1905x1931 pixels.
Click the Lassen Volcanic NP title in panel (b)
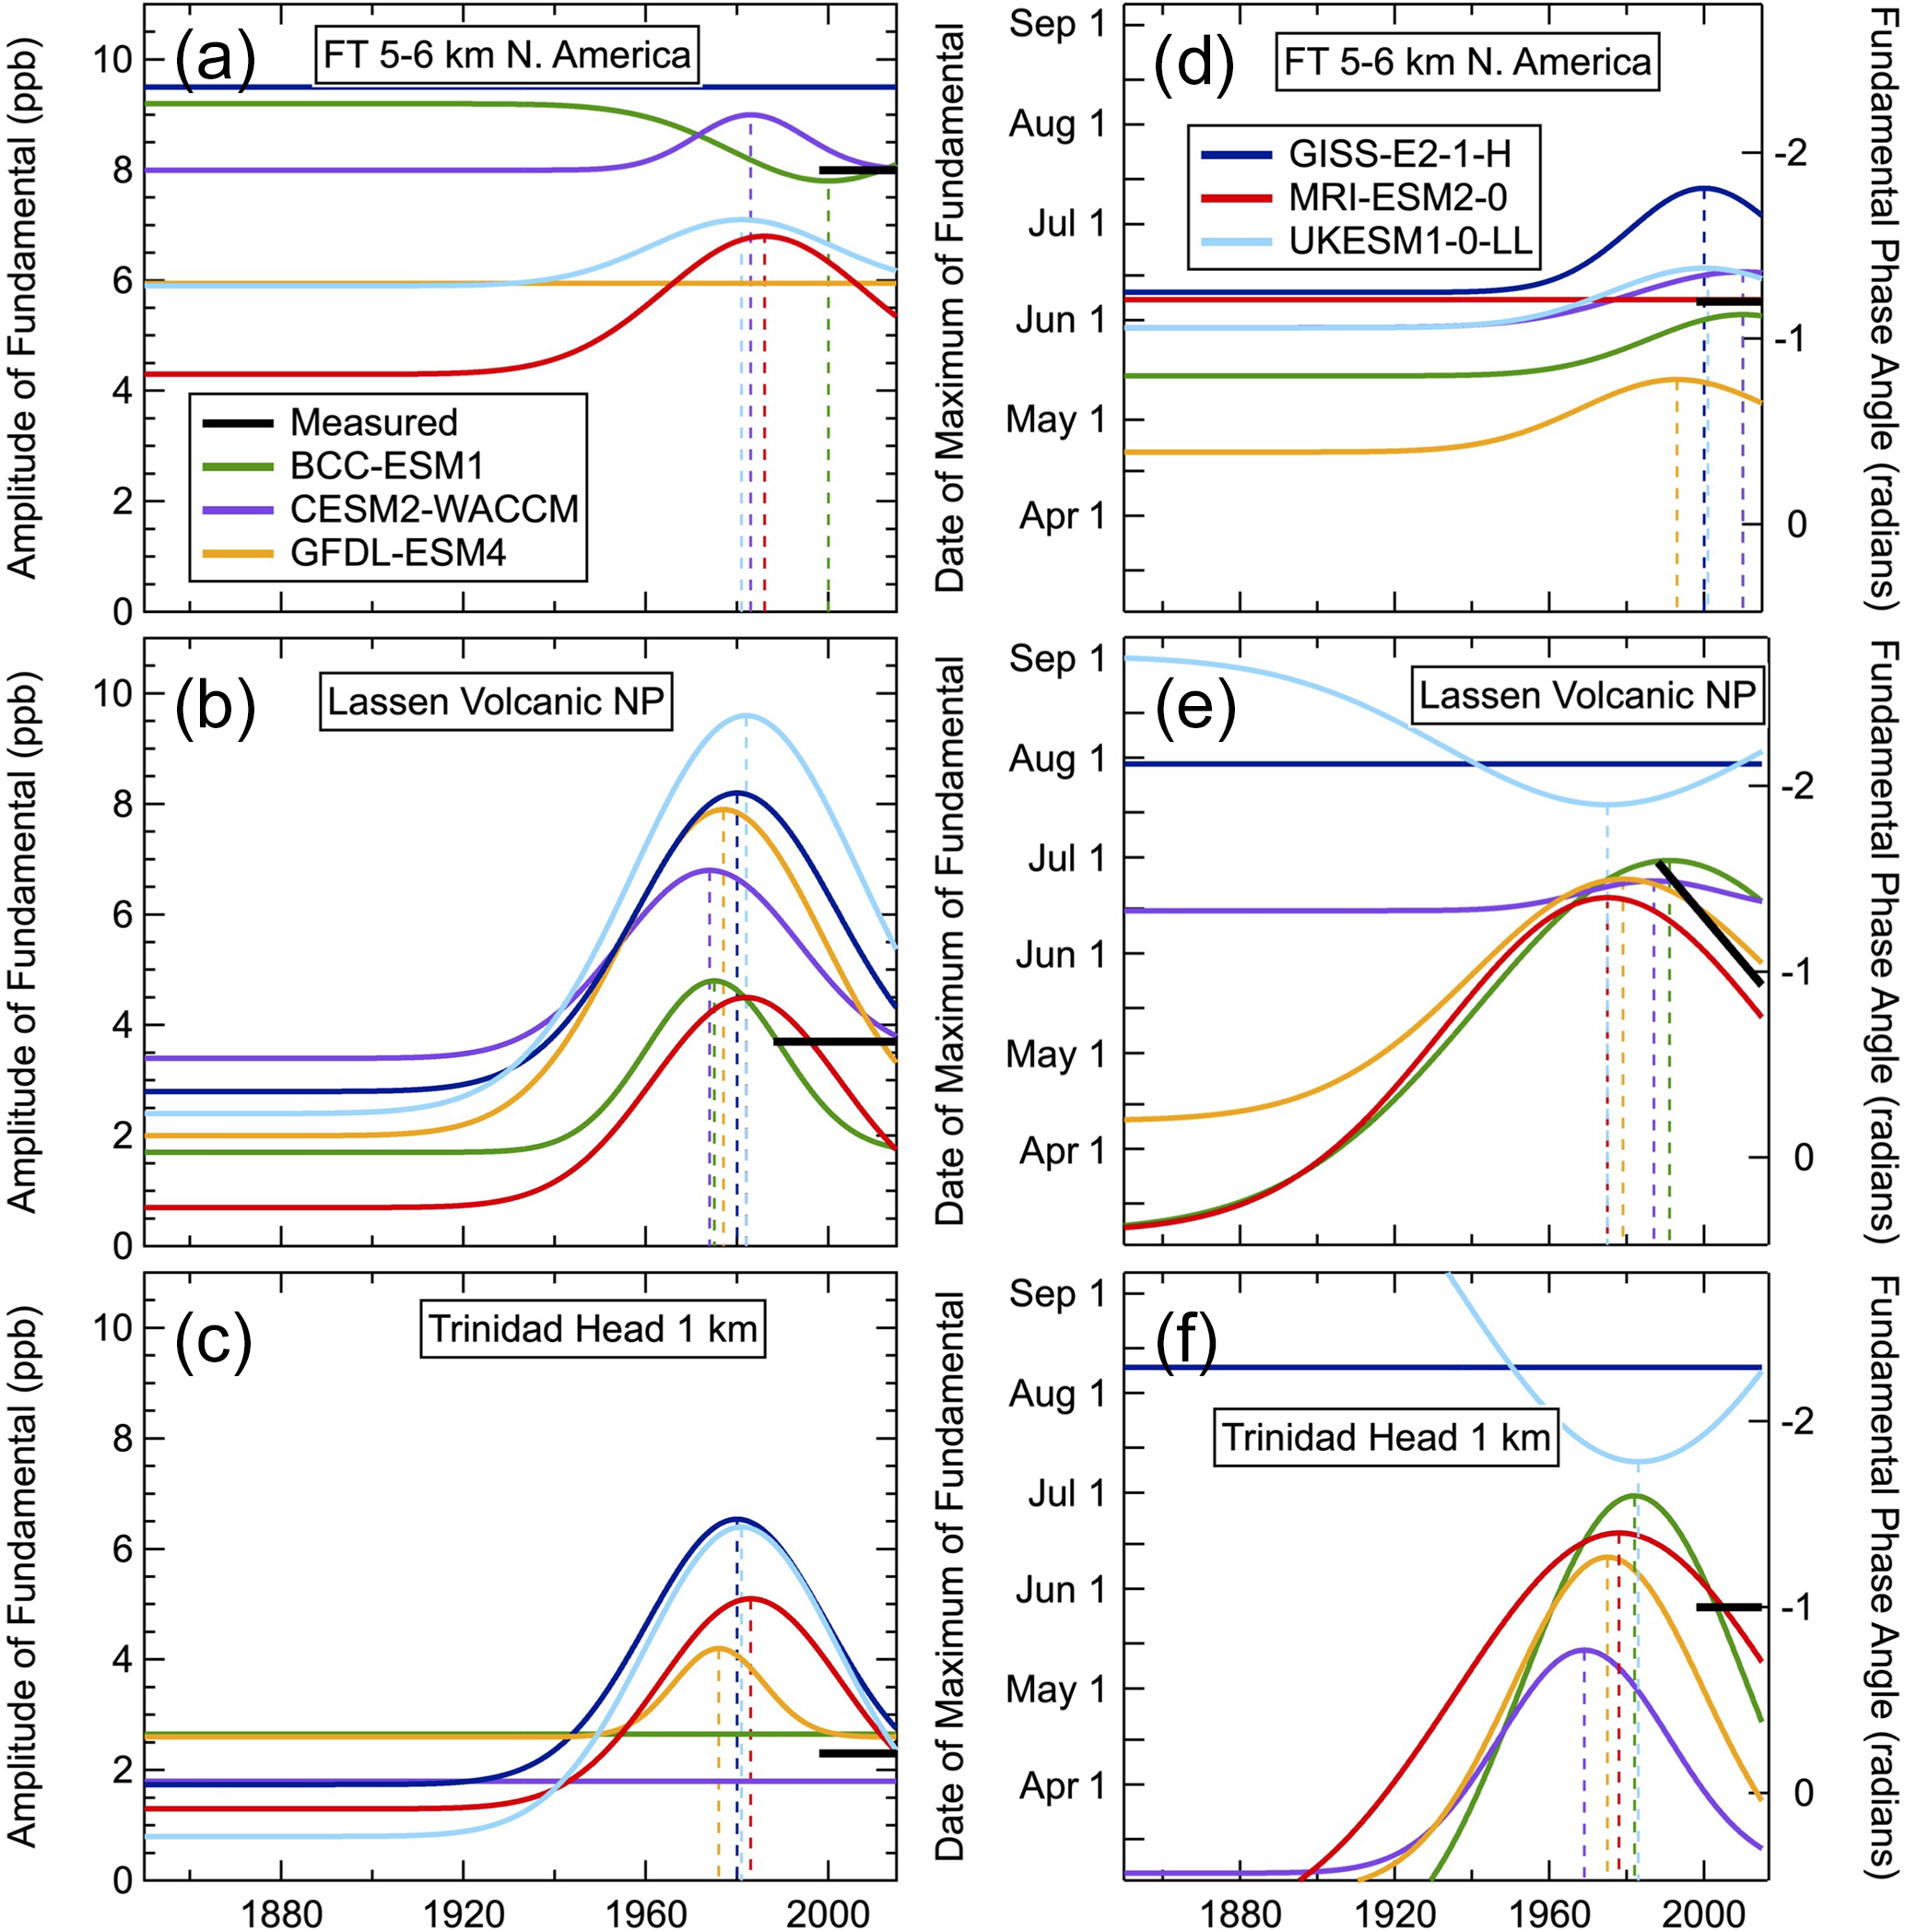point(496,701)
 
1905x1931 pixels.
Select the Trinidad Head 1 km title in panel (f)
point(1386,1437)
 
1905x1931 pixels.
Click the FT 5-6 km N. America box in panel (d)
point(1467,63)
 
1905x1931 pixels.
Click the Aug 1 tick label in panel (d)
point(1057,125)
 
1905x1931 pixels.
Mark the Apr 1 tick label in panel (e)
point(1063,1151)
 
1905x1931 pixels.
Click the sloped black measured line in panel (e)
point(1709,922)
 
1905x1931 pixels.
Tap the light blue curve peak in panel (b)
point(746,715)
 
